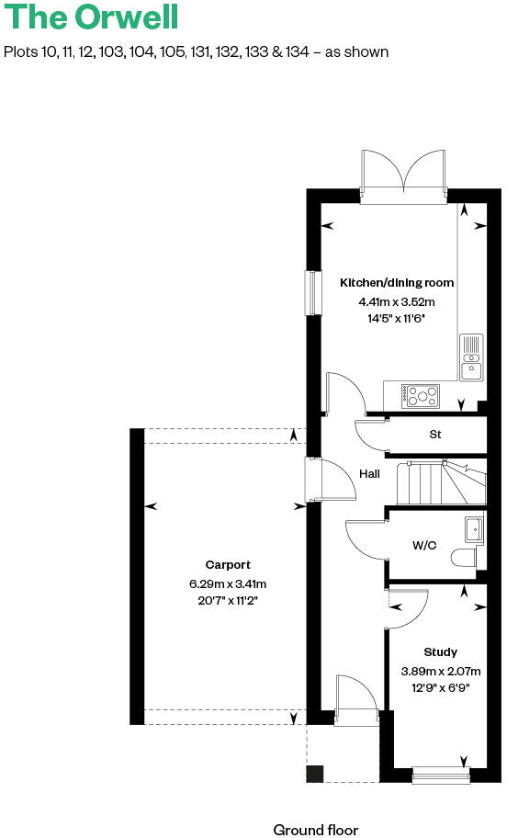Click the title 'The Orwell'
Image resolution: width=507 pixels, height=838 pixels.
click(x=91, y=17)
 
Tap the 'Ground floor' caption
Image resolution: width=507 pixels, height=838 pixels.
click(x=316, y=830)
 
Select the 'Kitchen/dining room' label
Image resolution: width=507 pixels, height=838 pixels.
click(x=397, y=282)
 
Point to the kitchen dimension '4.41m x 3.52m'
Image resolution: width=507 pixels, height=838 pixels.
click(x=397, y=300)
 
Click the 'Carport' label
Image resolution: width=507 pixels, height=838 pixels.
click(x=228, y=565)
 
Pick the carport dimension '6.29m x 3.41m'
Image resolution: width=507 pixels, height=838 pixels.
click(x=228, y=583)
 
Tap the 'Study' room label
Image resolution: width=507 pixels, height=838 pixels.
click(x=440, y=652)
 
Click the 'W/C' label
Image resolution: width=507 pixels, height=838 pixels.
click(x=423, y=545)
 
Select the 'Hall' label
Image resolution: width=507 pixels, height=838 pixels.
click(x=369, y=474)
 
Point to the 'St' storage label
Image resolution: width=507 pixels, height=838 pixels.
click(x=435, y=434)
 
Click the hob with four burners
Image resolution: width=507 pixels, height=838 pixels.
click(x=422, y=396)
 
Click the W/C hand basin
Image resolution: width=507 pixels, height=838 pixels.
click(x=474, y=528)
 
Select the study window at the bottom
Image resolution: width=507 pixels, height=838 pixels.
click(x=440, y=776)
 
